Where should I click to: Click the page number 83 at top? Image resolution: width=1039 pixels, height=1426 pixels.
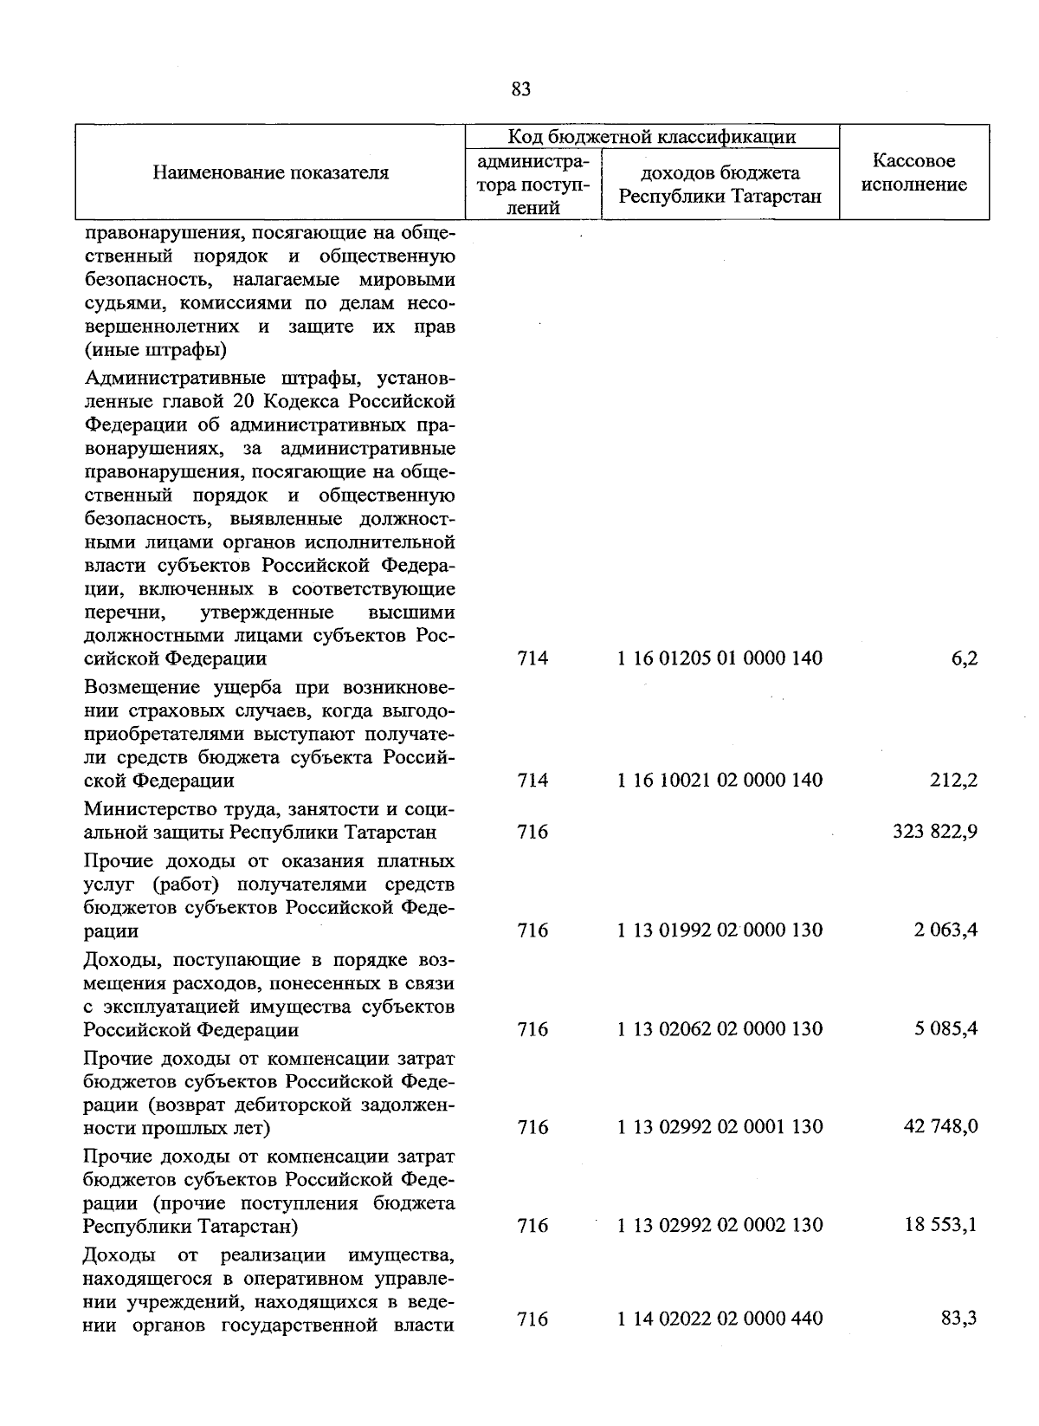point(520,89)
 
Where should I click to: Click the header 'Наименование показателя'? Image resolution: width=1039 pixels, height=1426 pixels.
point(271,172)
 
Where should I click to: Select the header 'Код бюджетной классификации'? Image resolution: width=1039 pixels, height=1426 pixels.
point(651,137)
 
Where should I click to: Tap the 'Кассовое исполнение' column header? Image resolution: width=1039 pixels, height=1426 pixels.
point(914,172)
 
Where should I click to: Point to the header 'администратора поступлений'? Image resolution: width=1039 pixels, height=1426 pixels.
point(532,185)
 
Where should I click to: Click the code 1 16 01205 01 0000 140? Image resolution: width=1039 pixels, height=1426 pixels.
point(720,658)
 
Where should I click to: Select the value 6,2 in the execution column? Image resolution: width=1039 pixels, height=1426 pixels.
point(964,658)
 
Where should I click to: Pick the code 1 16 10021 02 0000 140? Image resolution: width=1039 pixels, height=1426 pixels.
point(720,781)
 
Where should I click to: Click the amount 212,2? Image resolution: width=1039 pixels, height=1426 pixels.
point(957,781)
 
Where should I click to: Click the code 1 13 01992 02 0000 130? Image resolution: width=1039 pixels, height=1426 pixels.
point(720,930)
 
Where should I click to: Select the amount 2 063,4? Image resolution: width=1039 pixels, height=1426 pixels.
point(949,930)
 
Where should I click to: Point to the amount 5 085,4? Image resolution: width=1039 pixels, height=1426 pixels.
point(949,1029)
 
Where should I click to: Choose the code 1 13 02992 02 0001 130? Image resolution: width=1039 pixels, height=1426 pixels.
point(720,1127)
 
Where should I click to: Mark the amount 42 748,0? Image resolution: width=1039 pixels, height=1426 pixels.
point(945,1127)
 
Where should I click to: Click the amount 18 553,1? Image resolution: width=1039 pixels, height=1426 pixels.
point(945,1226)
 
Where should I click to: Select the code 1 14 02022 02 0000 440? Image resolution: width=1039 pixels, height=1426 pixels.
point(720,1319)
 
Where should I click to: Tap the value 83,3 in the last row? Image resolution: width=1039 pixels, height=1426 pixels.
point(960,1319)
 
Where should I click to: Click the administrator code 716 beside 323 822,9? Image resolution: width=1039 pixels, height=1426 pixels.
point(532,833)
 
